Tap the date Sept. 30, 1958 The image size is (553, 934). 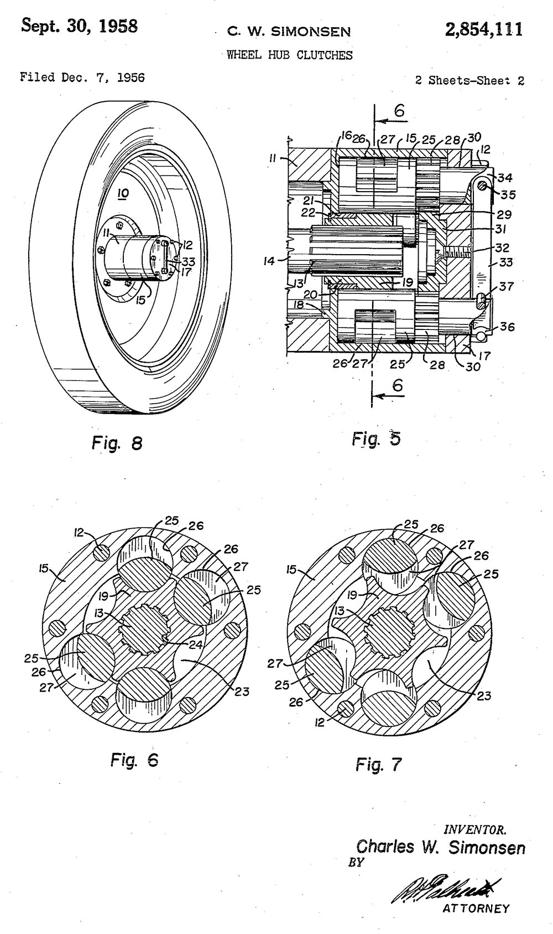79,26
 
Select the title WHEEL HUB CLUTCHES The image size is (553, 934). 289,55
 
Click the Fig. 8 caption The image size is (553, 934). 117,443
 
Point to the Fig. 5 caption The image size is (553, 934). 376,439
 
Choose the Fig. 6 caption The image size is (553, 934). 134,760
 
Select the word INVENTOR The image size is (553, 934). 475,830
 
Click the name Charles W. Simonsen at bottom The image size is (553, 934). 441,847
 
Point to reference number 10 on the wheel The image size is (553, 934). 123,193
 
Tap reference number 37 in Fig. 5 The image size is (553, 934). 506,286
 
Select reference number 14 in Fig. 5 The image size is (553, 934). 269,260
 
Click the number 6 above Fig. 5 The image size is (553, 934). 399,111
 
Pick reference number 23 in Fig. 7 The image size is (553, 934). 483,695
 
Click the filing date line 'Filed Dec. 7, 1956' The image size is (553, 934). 82,78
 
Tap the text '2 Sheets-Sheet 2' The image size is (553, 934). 469,80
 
